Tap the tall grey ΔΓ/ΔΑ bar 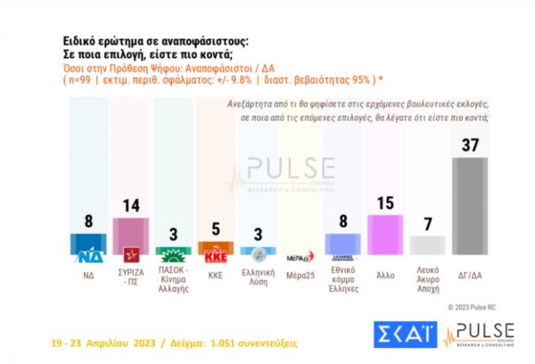[x=470, y=206]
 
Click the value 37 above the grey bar [x=470, y=145]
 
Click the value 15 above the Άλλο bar [x=385, y=203]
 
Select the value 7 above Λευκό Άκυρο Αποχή [x=428, y=224]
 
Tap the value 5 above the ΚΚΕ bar [x=215, y=229]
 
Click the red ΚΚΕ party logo [x=215, y=252]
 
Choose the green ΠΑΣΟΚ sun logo [x=173, y=252]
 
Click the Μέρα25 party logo [x=300, y=255]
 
